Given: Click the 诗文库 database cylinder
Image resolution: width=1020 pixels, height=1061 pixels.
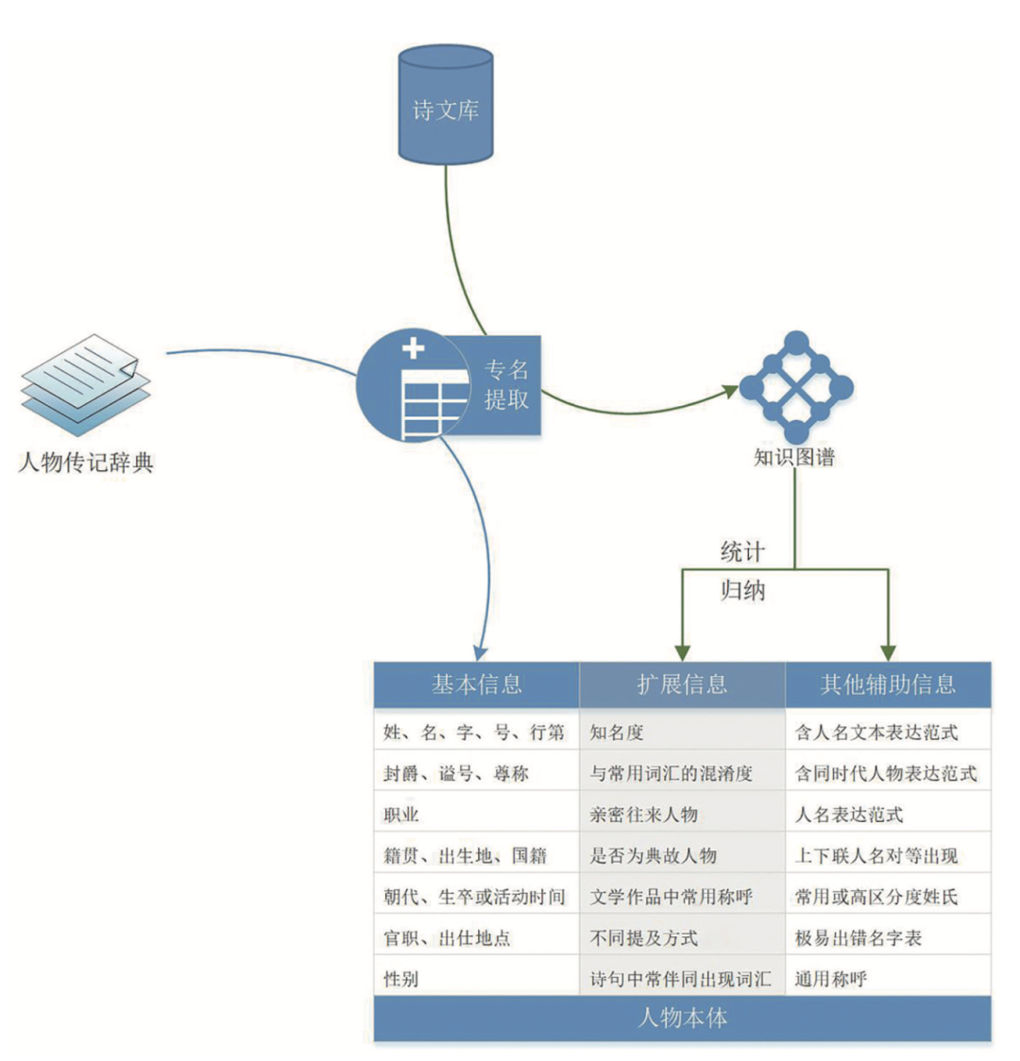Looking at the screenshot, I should click(445, 106).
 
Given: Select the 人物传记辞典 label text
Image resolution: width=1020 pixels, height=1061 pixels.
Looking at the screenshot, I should click(86, 463).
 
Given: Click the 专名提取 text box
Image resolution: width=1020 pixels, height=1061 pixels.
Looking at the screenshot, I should click(506, 384).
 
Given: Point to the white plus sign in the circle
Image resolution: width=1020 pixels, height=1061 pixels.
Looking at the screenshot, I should click(414, 348).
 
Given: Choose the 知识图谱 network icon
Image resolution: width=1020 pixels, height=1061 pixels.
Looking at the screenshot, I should click(795, 387).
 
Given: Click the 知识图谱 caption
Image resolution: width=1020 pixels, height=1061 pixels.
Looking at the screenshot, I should click(794, 458).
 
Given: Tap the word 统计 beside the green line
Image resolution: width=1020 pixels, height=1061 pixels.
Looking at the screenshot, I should click(742, 551).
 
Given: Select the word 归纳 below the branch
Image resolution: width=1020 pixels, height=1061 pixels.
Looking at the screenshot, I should click(742, 592).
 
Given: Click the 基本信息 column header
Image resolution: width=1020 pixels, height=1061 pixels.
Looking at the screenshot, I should click(476, 684).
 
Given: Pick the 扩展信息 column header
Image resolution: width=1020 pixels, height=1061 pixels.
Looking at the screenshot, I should click(682, 684).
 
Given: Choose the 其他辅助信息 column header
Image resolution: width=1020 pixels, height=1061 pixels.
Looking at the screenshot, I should click(888, 684).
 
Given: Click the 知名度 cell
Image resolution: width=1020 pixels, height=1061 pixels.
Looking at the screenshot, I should click(617, 733).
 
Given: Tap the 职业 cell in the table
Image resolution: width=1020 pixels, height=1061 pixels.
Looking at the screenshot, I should click(401, 815).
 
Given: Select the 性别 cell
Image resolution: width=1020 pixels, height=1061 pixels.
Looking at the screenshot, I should click(401, 979).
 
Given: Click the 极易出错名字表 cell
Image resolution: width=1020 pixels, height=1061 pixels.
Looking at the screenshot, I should click(858, 938).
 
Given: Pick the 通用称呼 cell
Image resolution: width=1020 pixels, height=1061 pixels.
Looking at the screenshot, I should click(831, 979).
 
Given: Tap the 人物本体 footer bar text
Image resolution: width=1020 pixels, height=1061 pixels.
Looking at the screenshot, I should click(682, 1019).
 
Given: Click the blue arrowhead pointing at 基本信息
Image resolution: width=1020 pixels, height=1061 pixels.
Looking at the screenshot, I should click(480, 651).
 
